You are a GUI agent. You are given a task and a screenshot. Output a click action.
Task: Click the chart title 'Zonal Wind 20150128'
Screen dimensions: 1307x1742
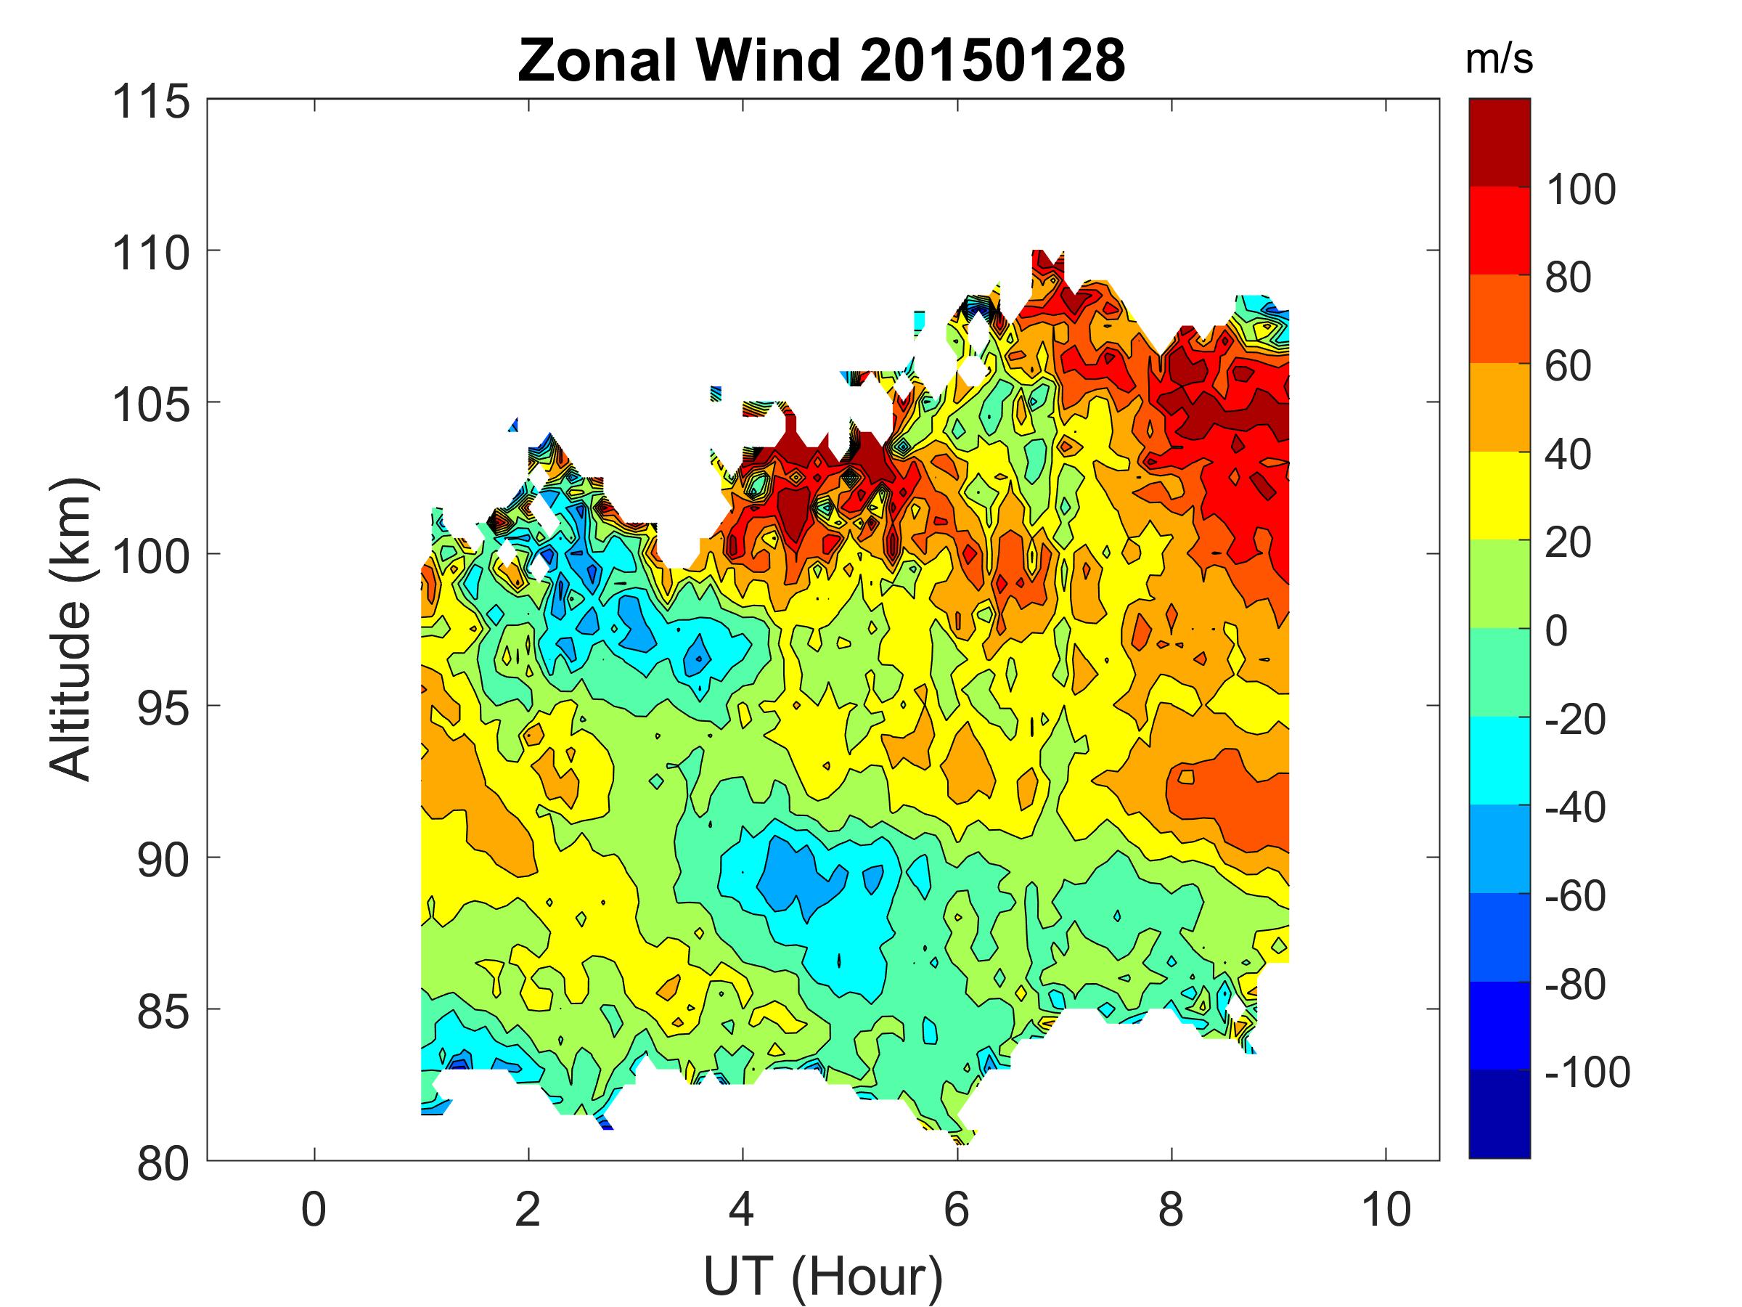click(822, 61)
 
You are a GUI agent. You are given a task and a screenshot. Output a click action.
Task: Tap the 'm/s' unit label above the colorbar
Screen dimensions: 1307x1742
click(1500, 61)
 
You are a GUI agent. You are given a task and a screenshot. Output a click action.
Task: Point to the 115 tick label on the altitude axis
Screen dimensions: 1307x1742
click(151, 102)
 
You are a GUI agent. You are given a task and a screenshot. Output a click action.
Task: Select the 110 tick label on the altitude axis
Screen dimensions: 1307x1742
click(151, 253)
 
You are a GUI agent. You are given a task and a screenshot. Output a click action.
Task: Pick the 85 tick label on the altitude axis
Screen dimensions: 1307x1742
click(163, 1012)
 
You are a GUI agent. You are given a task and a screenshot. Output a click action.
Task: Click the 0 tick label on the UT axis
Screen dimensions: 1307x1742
click(314, 1209)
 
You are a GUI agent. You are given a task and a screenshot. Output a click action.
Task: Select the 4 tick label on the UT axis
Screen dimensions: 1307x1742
click(742, 1209)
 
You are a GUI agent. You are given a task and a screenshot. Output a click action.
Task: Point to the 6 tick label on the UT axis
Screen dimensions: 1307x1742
click(957, 1209)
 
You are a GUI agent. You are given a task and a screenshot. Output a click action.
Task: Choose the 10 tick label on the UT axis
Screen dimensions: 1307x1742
click(1386, 1209)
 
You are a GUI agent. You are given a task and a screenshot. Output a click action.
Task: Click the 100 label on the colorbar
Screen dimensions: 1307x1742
click(1579, 190)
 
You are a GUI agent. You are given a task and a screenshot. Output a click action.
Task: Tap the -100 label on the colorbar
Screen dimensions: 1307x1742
click(1587, 1072)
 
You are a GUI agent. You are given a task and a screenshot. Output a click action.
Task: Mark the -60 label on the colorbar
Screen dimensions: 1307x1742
click(1575, 896)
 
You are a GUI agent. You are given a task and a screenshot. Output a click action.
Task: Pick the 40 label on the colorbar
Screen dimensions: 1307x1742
click(1568, 455)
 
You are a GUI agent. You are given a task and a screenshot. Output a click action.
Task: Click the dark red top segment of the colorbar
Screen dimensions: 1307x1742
click(1500, 142)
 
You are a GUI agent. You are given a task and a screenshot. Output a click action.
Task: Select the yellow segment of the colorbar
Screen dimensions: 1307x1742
click(1500, 495)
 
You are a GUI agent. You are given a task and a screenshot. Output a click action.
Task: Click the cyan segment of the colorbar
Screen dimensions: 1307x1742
click(1500, 760)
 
